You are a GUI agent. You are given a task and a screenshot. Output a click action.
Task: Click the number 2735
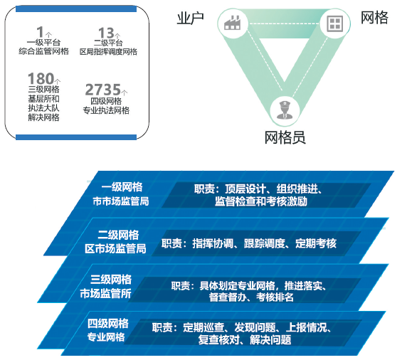(102, 90)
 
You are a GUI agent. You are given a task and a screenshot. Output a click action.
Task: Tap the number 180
(41, 78)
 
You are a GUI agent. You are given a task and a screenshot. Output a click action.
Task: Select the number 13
(106, 33)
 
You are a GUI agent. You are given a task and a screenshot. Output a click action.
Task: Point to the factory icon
(233, 23)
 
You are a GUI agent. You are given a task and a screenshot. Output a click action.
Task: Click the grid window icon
(335, 23)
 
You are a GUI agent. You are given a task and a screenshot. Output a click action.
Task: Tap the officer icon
(285, 110)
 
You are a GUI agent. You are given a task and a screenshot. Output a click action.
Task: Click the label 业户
(190, 18)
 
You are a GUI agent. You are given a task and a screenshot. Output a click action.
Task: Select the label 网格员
(285, 137)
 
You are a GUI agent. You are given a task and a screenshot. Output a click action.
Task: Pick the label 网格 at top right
(374, 18)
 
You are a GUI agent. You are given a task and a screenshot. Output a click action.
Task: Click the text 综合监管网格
(43, 51)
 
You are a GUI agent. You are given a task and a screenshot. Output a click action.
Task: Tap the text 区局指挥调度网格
(108, 52)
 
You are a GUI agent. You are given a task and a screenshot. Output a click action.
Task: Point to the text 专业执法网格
(106, 110)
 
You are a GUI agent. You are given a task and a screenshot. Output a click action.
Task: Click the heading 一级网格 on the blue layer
(122, 187)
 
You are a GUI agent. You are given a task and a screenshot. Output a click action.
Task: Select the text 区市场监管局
(115, 248)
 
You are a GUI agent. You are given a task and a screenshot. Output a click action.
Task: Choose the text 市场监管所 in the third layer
(105, 294)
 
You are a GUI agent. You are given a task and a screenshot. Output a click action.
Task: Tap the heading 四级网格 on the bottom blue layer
(108, 324)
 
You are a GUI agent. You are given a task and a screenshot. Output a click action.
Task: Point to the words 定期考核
(316, 243)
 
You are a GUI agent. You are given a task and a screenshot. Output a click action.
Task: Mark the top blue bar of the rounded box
(76, 9)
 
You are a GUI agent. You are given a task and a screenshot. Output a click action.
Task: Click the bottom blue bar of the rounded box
(76, 137)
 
